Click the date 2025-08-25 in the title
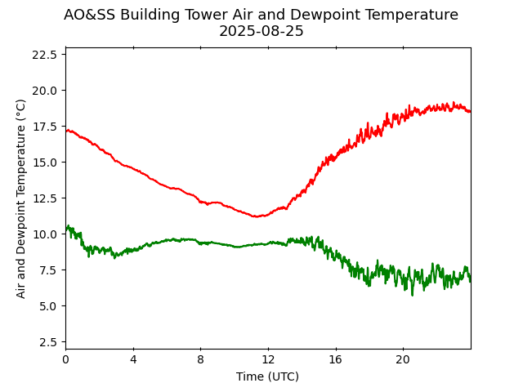[x=261, y=31]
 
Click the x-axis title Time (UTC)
[x=267, y=376]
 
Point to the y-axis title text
[x=21, y=198]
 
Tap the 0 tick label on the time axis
[x=65, y=359]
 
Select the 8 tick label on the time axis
[x=200, y=359]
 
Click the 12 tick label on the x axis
[x=267, y=359]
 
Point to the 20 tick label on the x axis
[x=402, y=359]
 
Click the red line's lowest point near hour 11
[x=257, y=216]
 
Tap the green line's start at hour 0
[x=66, y=228]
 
